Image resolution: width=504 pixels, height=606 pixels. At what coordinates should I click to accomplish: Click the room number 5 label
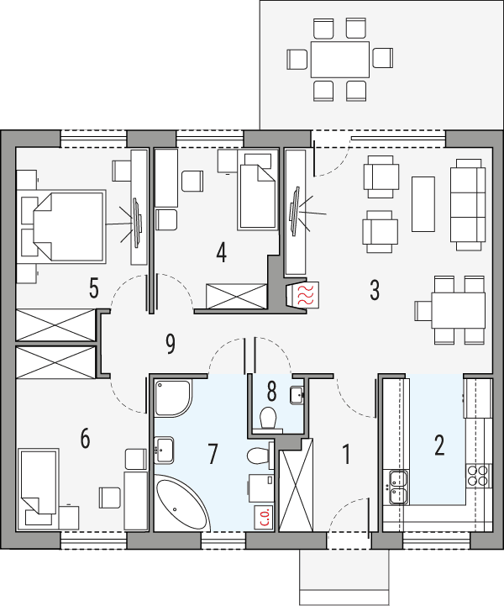pyautogui.click(x=93, y=289)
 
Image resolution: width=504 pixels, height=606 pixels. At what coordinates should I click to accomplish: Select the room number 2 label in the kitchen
pyautogui.click(x=438, y=445)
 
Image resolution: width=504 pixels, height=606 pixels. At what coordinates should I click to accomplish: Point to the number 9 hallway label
pyautogui.click(x=171, y=342)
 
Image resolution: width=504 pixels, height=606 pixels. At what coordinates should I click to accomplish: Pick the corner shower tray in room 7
pyautogui.click(x=173, y=397)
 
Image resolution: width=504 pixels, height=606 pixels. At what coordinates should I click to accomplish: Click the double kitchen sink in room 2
pyautogui.click(x=395, y=481)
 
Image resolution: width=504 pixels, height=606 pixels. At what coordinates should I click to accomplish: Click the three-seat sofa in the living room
pyautogui.click(x=468, y=203)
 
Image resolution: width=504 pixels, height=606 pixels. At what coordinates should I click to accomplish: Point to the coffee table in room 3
pyautogui.click(x=423, y=203)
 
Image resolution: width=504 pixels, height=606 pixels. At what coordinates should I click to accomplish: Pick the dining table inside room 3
pyautogui.click(x=458, y=309)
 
